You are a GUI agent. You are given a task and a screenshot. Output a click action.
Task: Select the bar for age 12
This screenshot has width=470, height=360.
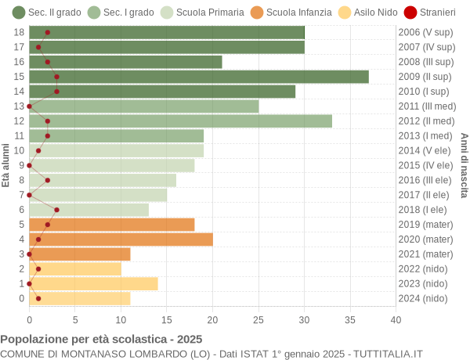(x=180, y=121)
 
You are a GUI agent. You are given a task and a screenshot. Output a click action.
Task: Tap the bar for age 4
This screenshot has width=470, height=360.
(x=121, y=239)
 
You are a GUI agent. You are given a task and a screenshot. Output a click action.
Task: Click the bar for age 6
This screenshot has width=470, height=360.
(x=89, y=210)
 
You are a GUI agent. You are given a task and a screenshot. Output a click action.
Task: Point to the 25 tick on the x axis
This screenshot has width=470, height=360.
(x=258, y=319)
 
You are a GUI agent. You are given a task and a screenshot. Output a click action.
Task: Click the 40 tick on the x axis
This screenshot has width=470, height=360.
(x=396, y=319)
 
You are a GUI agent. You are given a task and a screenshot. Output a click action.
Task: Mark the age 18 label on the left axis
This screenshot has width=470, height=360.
(x=20, y=32)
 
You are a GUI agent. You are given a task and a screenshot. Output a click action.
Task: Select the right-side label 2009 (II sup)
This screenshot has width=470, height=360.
(x=425, y=77)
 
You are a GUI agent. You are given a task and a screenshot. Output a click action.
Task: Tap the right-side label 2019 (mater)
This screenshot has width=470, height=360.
(x=425, y=225)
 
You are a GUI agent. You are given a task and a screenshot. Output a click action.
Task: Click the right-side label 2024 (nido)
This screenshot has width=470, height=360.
(x=423, y=298)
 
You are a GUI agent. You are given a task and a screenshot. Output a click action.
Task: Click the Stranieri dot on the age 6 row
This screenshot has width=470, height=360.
(x=56, y=210)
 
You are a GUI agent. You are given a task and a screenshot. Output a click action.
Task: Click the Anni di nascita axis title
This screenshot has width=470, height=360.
(x=464, y=165)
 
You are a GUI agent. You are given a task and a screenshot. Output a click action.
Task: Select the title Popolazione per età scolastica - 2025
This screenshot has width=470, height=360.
(x=101, y=340)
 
